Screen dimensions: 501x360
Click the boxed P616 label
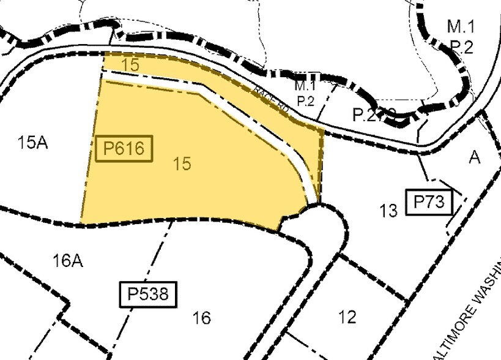[x=124, y=149]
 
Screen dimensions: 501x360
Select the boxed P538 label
[x=147, y=294]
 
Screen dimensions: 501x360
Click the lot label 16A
[x=67, y=261]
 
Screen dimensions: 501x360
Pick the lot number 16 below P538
[x=201, y=318]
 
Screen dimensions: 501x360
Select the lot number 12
[x=347, y=317]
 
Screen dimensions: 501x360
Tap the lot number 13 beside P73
[x=388, y=211]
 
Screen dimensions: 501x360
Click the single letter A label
[x=475, y=157]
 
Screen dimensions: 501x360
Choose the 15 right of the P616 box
[x=182, y=163]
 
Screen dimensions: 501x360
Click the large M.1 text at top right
[x=460, y=26]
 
